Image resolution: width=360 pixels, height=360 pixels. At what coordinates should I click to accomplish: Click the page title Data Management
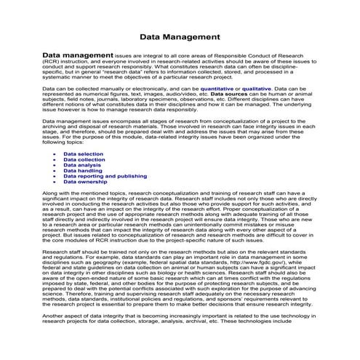(x=179, y=36)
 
